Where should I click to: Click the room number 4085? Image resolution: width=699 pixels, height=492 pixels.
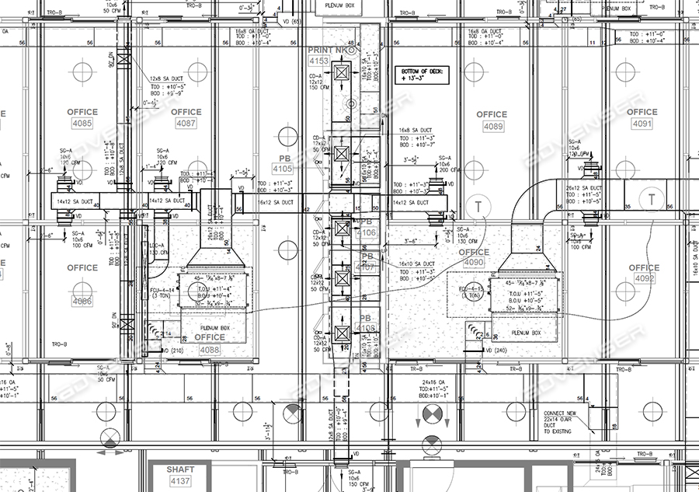point(82,124)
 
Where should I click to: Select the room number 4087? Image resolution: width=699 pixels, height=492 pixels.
point(186,124)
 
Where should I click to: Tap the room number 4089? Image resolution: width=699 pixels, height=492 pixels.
point(492,126)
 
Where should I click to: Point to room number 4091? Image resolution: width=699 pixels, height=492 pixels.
point(642,124)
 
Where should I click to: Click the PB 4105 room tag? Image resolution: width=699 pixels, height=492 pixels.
point(283,169)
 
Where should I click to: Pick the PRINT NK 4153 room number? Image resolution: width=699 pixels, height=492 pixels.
point(319,61)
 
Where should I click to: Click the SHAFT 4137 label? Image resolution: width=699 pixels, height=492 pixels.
point(180,481)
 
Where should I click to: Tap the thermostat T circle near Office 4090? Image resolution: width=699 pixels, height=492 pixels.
point(480,205)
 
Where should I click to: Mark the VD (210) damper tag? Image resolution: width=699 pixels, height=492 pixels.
point(174,351)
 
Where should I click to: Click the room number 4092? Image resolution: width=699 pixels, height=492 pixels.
point(644,278)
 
